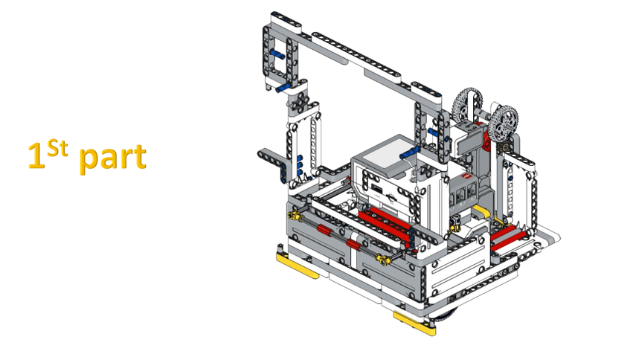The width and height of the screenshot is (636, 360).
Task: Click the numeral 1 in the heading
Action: click(x=36, y=155)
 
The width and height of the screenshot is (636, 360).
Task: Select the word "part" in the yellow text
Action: click(x=112, y=158)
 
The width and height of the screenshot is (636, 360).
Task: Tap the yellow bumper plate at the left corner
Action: click(x=298, y=265)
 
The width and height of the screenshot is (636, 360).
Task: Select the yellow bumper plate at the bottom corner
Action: click(x=414, y=323)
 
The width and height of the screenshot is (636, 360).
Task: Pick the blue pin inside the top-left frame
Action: click(x=277, y=54)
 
